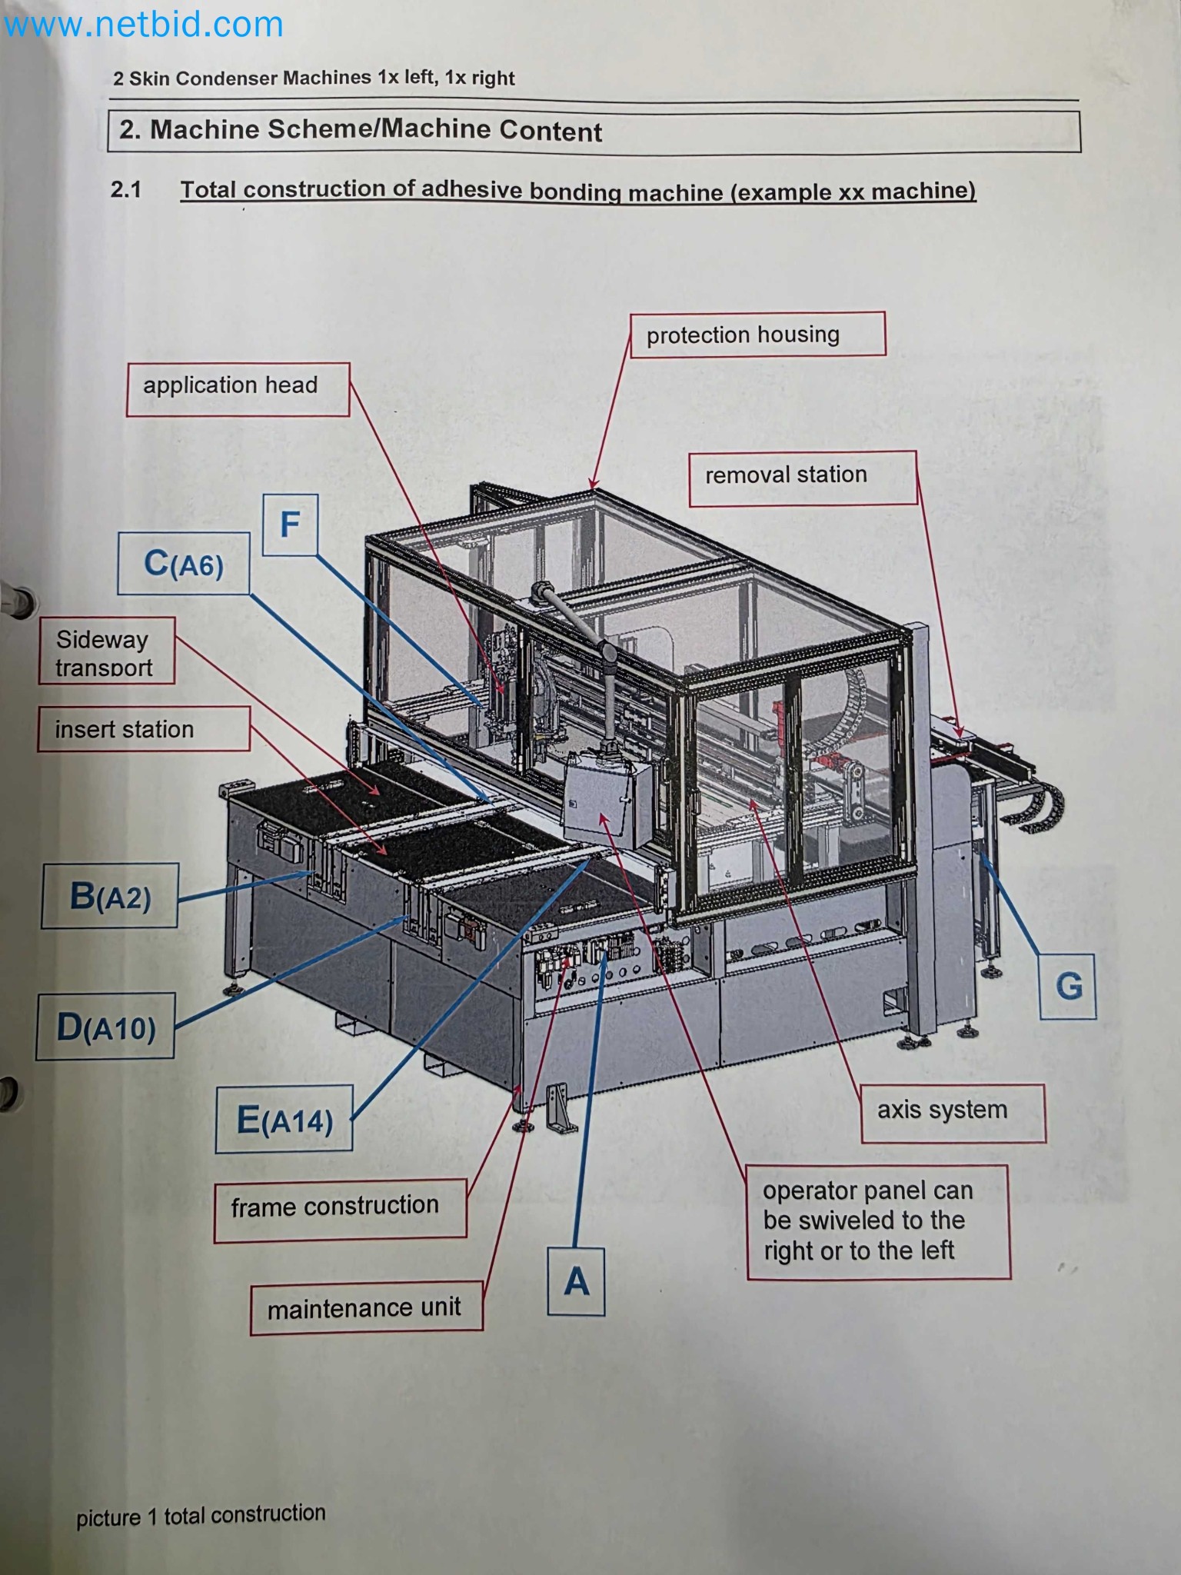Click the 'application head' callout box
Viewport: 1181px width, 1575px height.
click(238, 389)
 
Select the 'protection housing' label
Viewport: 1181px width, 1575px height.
click(757, 335)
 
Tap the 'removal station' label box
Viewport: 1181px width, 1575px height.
click(802, 478)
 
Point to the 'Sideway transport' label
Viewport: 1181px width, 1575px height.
click(107, 651)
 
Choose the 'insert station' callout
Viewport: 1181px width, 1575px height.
click(143, 728)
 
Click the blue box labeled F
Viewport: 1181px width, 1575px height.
click(290, 525)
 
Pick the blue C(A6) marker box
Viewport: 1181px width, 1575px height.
click(184, 564)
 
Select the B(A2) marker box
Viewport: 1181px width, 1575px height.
click(110, 896)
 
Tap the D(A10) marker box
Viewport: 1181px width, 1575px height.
click(105, 1027)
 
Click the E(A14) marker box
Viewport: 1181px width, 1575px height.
click(284, 1119)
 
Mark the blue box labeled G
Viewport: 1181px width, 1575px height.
click(1067, 986)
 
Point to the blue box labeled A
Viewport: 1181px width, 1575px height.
click(576, 1281)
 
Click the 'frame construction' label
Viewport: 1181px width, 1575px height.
click(340, 1206)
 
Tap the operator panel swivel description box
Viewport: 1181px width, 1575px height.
click(878, 1222)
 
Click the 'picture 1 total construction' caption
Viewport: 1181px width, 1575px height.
click(201, 1514)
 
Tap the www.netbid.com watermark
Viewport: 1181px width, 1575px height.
click(144, 25)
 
